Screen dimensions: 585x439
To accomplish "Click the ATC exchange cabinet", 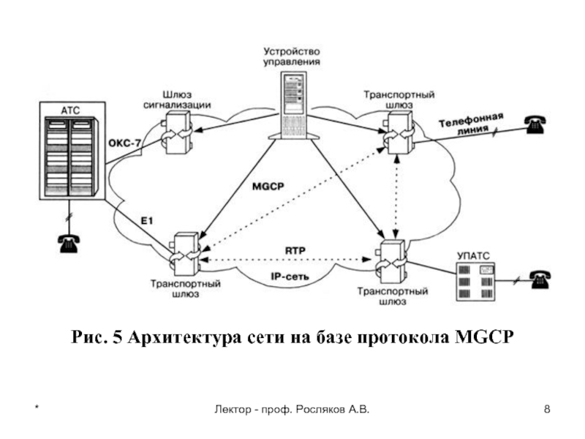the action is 72,151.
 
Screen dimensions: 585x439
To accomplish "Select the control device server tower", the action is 295,106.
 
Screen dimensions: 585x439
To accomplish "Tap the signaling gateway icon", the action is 178,132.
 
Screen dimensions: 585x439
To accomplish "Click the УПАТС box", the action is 477,282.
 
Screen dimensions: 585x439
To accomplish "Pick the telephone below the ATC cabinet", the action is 68,244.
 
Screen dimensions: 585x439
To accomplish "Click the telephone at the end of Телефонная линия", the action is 535,124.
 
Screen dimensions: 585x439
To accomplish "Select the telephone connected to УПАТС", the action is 540,279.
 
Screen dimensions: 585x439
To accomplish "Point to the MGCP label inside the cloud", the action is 268,186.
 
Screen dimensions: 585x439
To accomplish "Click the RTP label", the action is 295,250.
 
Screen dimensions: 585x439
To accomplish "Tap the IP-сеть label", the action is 290,277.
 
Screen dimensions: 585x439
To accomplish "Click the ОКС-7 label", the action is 124,143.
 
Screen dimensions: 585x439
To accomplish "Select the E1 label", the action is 147,221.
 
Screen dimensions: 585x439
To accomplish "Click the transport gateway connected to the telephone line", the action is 399,133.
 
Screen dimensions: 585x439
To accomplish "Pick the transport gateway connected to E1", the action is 185,255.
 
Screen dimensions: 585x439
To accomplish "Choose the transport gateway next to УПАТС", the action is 391,262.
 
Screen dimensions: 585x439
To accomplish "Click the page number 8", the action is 547,409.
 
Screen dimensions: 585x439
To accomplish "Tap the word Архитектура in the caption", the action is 184,337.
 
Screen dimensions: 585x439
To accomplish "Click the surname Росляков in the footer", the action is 320,410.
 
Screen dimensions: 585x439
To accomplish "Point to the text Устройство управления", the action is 292,56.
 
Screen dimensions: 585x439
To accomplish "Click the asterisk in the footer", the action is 37,407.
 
